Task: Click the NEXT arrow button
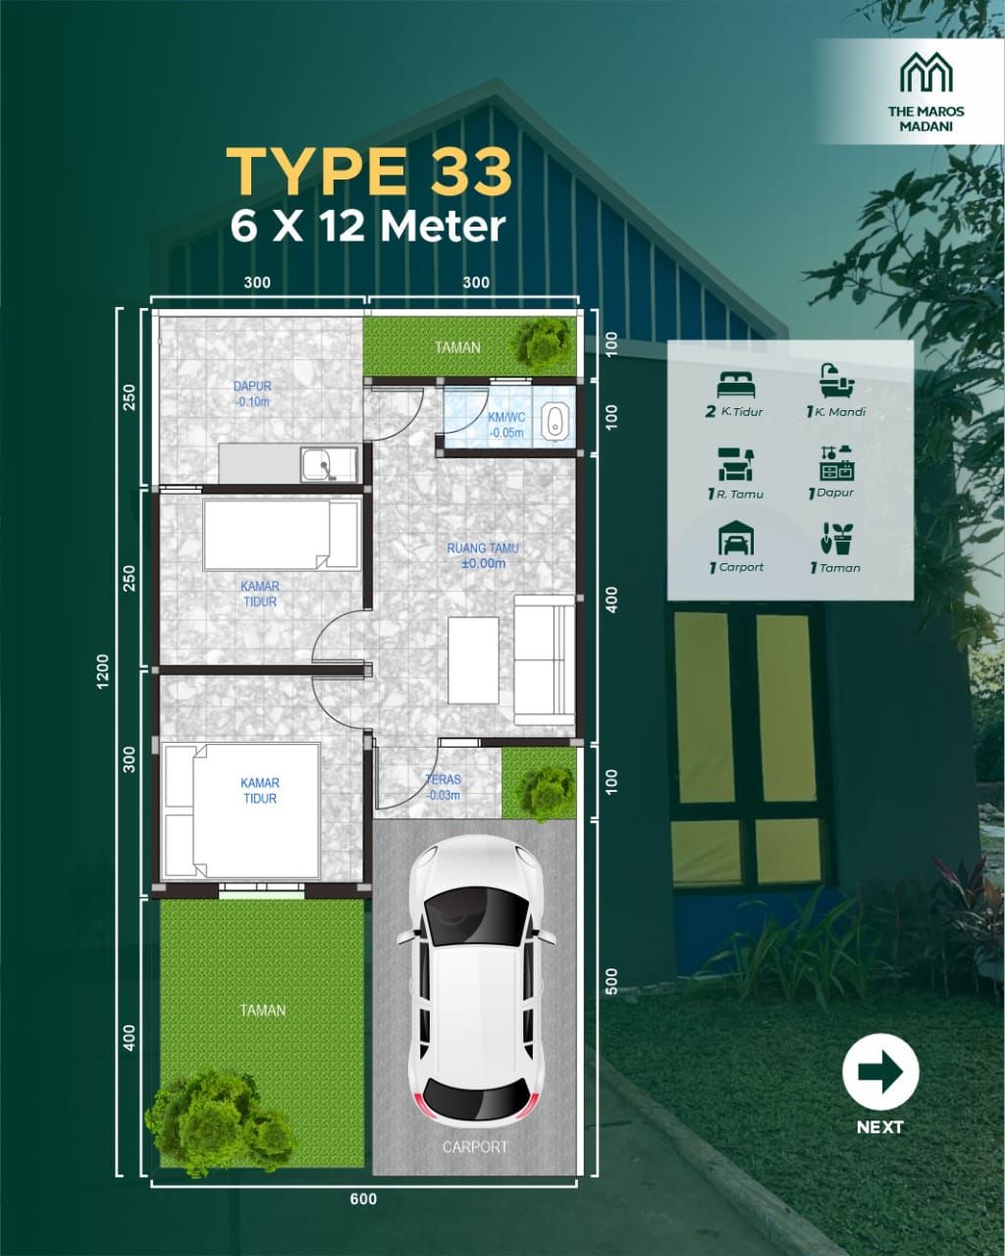click(880, 1073)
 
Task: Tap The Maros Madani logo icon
click(926, 72)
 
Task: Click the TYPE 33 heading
click(369, 172)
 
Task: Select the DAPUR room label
click(252, 386)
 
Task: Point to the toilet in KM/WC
click(553, 420)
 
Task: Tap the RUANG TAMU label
click(482, 549)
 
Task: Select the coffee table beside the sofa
click(473, 660)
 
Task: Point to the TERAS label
click(444, 779)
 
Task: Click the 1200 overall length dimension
click(103, 671)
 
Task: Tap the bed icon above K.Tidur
click(736, 385)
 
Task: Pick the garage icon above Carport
click(736, 538)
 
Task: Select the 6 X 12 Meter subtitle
click(368, 227)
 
